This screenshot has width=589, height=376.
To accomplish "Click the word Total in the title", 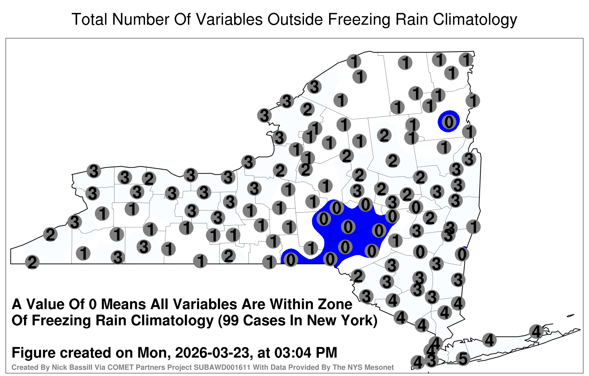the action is point(90,19).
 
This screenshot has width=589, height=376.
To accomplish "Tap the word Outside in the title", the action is point(295,19).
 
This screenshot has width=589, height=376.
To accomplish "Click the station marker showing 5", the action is point(463,359).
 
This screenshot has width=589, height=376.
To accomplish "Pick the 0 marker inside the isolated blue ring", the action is point(449,122).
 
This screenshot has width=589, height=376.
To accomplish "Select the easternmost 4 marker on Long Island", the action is point(536,331).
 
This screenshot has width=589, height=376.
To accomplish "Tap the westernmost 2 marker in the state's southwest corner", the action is point(32,262).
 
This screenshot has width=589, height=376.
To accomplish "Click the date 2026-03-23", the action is point(212,352).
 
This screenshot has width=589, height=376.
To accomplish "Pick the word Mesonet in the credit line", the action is point(381,367).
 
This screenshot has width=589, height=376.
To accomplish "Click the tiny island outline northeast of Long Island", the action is point(571,316).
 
